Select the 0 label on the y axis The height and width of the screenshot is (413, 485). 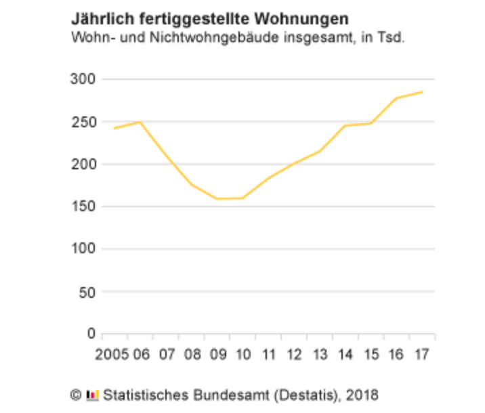click(x=89, y=334)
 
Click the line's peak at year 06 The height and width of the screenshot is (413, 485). click(x=140, y=123)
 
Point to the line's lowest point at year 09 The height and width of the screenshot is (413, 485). click(x=217, y=199)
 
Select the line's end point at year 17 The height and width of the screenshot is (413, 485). click(x=423, y=92)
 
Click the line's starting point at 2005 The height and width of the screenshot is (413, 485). click(x=114, y=128)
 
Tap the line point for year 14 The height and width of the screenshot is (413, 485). click(x=345, y=126)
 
